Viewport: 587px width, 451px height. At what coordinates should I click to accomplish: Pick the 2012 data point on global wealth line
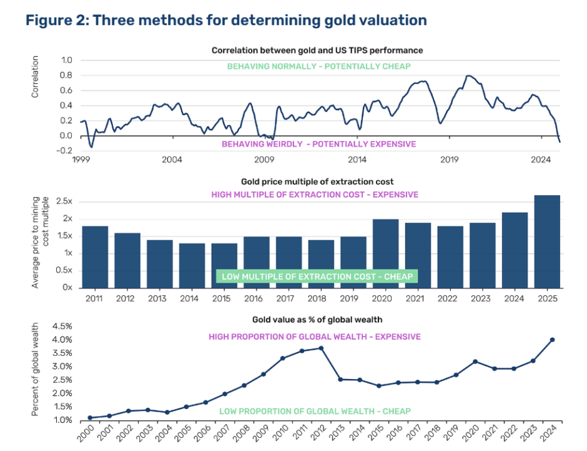tap(322, 348)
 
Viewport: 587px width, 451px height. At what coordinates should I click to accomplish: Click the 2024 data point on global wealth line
tap(552, 340)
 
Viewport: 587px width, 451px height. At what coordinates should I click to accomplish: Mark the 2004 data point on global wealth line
tap(167, 412)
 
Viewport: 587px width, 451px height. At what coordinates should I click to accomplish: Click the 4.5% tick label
tap(62, 327)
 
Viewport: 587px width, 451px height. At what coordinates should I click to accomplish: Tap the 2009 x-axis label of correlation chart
tap(264, 160)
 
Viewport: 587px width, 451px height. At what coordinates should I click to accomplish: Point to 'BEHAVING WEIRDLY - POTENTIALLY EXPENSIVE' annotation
tap(318, 144)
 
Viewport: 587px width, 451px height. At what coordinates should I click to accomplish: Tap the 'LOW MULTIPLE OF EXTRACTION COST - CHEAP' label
tap(317, 276)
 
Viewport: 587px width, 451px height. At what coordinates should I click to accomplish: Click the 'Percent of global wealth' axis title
tap(38, 369)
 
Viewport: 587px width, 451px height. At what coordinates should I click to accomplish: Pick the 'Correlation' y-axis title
tap(36, 77)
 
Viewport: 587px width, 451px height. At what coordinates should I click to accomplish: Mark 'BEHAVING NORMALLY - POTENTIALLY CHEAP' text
tap(318, 66)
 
